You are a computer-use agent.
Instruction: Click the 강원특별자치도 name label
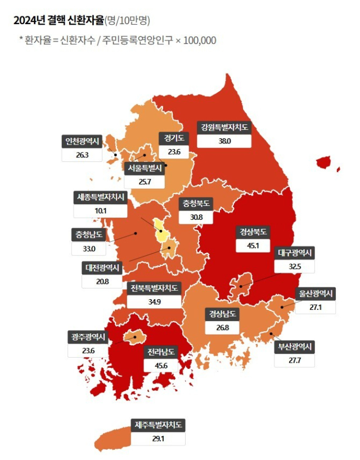224,128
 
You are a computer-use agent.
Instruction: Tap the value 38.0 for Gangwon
224,141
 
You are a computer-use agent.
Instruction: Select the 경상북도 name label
253,231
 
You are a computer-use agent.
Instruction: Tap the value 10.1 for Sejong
101,211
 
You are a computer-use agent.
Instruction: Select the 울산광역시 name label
314,294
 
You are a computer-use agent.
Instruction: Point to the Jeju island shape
115,436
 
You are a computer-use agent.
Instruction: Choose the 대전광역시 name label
102,268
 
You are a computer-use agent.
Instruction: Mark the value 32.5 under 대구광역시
295,267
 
